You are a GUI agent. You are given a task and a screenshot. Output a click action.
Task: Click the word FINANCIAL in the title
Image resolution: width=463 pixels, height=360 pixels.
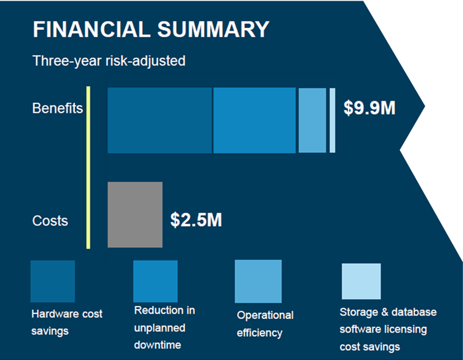[x=92, y=29]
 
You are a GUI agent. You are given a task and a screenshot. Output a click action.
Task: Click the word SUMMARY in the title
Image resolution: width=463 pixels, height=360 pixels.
[x=213, y=29]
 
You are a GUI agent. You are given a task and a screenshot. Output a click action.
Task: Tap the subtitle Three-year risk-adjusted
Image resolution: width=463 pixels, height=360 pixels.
[x=109, y=61]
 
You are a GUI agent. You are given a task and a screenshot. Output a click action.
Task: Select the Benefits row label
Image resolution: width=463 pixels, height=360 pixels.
[x=57, y=108]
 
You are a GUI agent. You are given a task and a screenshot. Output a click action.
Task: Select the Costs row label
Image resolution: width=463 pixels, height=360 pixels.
[x=50, y=221]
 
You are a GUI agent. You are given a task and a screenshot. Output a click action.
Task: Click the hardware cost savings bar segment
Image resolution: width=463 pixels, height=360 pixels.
[x=159, y=121]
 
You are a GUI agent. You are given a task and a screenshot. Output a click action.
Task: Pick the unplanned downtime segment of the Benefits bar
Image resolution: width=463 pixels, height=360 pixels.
[x=255, y=121]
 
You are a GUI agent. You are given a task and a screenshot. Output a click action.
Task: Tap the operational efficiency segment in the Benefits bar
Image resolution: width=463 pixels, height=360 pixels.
[x=313, y=121]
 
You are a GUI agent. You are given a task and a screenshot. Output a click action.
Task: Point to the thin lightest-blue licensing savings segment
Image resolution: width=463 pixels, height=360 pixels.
[x=333, y=121]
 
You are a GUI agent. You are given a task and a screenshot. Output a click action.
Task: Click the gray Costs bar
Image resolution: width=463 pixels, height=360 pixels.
[x=135, y=215]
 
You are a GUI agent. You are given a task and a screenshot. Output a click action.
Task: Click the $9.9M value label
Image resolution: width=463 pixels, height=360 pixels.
[x=369, y=108]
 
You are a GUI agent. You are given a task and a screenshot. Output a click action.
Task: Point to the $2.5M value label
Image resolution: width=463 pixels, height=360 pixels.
[x=196, y=220]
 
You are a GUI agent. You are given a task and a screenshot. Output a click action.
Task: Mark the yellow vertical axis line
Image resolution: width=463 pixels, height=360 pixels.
[x=88, y=168]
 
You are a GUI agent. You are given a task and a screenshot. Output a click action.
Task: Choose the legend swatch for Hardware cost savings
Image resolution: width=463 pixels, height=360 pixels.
[x=53, y=281]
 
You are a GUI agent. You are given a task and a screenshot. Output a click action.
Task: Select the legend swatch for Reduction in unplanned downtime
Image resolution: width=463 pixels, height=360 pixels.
[x=155, y=281]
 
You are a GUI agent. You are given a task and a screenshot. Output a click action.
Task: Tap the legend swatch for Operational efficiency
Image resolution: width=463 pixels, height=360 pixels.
[x=258, y=281]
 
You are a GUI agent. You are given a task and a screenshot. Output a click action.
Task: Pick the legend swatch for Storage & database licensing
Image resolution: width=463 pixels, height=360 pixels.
[x=361, y=281]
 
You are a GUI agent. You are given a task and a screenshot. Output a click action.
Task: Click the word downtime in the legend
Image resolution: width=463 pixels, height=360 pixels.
[x=158, y=345]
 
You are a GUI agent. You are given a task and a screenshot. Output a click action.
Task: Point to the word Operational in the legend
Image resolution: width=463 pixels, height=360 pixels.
[x=265, y=315]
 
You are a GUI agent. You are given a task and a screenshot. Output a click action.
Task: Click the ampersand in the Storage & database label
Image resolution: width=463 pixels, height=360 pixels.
[x=385, y=312]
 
